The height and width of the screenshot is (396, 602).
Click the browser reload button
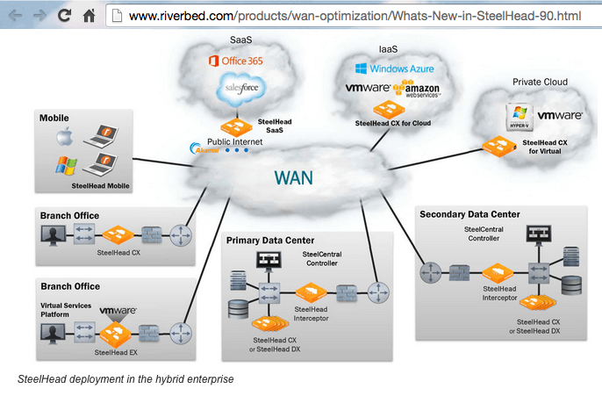(64, 15)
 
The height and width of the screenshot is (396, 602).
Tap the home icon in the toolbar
(89, 15)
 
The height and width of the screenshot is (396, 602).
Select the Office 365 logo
(234, 61)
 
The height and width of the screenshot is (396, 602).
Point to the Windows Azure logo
(394, 68)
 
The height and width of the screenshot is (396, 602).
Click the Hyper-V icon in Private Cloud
(518, 115)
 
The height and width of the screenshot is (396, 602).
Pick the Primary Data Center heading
(269, 240)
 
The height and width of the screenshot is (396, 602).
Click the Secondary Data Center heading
(469, 214)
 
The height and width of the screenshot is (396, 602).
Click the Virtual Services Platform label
(66, 309)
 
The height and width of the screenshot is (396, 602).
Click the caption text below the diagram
(125, 379)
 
